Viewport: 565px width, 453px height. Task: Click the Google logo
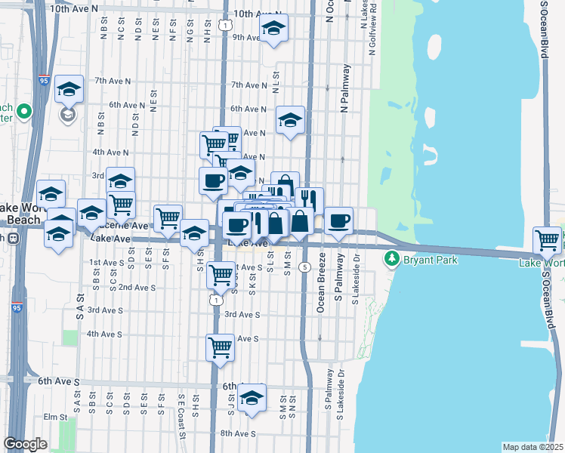(25, 444)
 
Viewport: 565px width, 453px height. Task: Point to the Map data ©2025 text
(532, 447)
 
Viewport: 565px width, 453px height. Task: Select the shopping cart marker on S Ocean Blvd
(547, 241)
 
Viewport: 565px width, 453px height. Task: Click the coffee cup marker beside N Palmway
(338, 220)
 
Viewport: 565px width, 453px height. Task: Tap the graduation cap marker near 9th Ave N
(273, 29)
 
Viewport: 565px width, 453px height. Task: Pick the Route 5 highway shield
(304, 267)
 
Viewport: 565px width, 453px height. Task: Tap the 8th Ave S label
(238, 433)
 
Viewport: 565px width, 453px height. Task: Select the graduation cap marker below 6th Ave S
(252, 397)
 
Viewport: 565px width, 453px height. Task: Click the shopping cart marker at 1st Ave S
(221, 274)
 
